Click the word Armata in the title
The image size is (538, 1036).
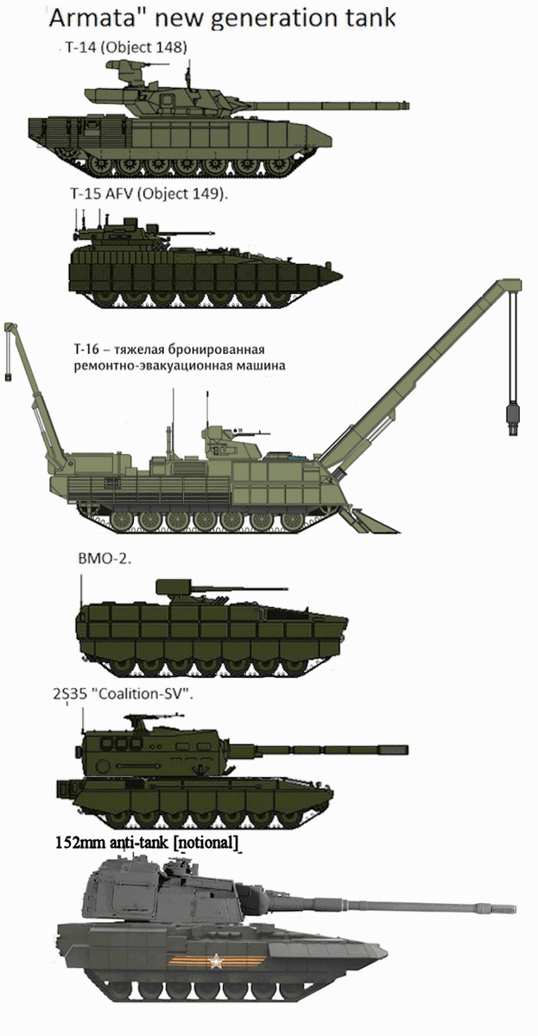pyautogui.click(x=85, y=18)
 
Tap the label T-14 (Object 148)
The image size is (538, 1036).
pyautogui.click(x=126, y=47)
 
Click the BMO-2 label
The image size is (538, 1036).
pyautogui.click(x=105, y=559)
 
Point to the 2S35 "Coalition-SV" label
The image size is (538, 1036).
pyautogui.click(x=123, y=694)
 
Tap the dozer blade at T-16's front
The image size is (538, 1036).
pyautogui.click(x=371, y=520)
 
